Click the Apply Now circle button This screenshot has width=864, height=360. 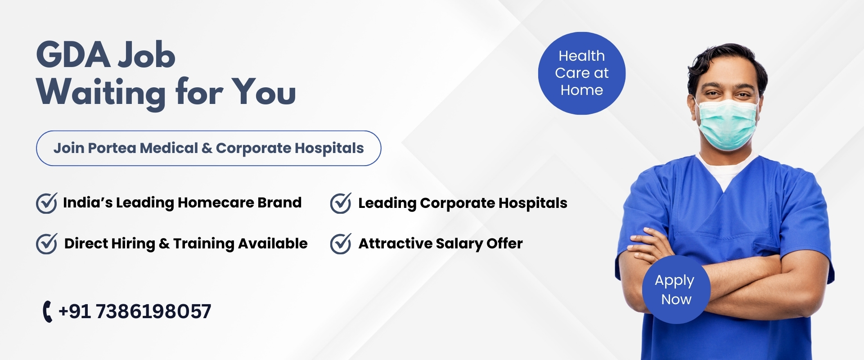676,289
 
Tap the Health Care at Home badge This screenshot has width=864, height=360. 582,73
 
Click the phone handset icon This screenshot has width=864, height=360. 47,311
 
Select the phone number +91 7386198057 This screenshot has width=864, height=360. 135,311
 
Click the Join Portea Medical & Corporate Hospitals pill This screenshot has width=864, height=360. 208,148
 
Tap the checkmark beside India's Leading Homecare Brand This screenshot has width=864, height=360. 46,203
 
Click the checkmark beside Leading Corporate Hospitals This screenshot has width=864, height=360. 341,203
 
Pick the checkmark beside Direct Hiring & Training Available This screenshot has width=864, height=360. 46,244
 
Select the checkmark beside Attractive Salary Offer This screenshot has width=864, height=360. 341,244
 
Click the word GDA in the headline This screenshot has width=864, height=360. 73,55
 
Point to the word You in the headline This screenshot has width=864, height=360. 264,92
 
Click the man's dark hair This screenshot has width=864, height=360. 725,61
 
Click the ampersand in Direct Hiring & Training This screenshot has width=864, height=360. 164,244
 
